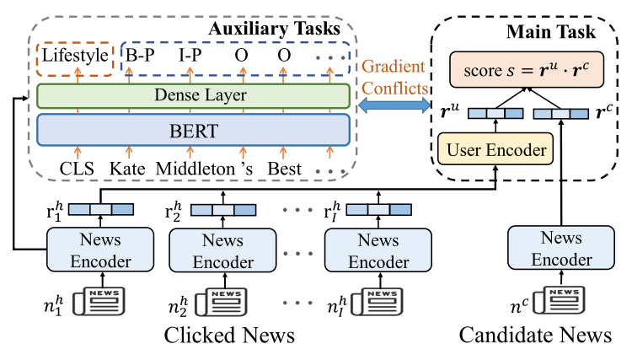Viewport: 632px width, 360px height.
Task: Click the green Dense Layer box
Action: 194,95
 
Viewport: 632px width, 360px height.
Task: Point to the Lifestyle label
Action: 75,56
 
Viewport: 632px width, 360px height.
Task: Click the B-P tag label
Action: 142,56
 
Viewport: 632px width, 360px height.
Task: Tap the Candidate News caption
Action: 535,336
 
